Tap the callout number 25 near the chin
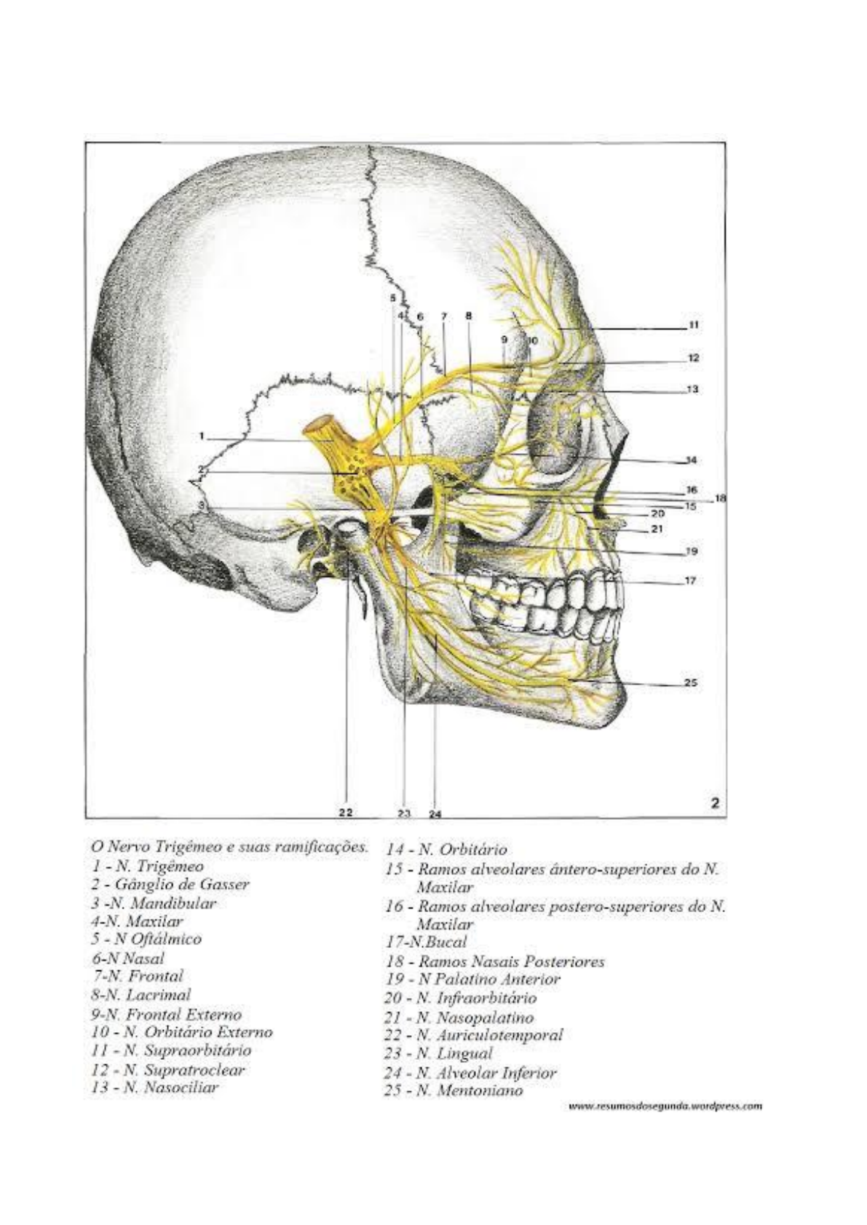tap(692, 682)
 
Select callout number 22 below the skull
tap(345, 813)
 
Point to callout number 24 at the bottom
tap(435, 814)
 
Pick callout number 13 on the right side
tap(693, 389)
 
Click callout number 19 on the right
tap(692, 551)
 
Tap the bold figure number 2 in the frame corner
tap(715, 802)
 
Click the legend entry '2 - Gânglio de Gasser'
tap(170, 885)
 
